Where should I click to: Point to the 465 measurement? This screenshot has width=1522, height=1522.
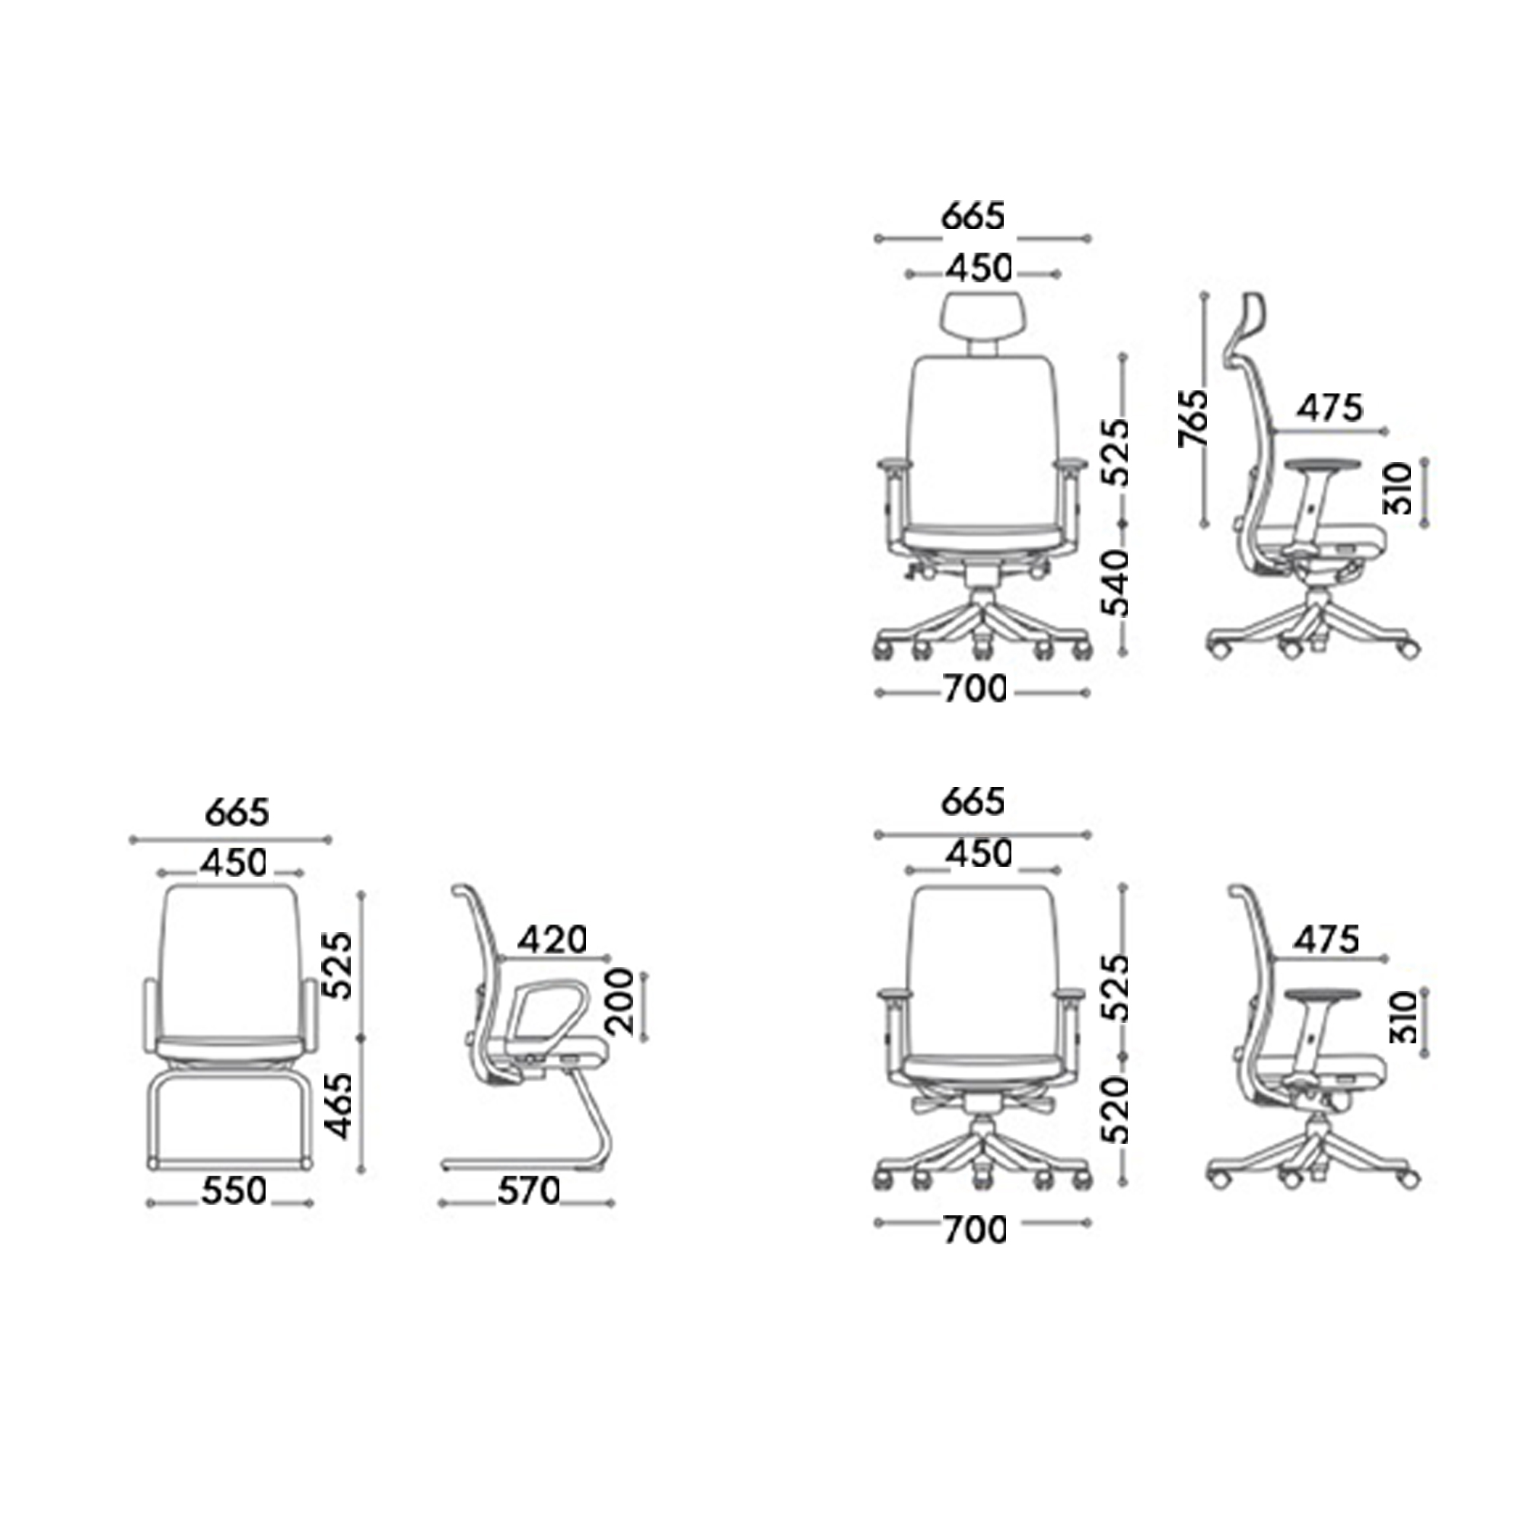coord(339,1105)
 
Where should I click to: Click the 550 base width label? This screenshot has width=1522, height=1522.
coord(234,1190)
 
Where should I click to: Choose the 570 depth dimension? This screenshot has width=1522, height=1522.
coord(529,1190)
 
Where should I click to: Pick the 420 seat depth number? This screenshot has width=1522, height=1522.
coord(554,939)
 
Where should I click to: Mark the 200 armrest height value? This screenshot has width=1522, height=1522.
coord(621,1001)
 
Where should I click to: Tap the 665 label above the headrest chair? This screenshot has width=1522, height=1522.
coord(974,217)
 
